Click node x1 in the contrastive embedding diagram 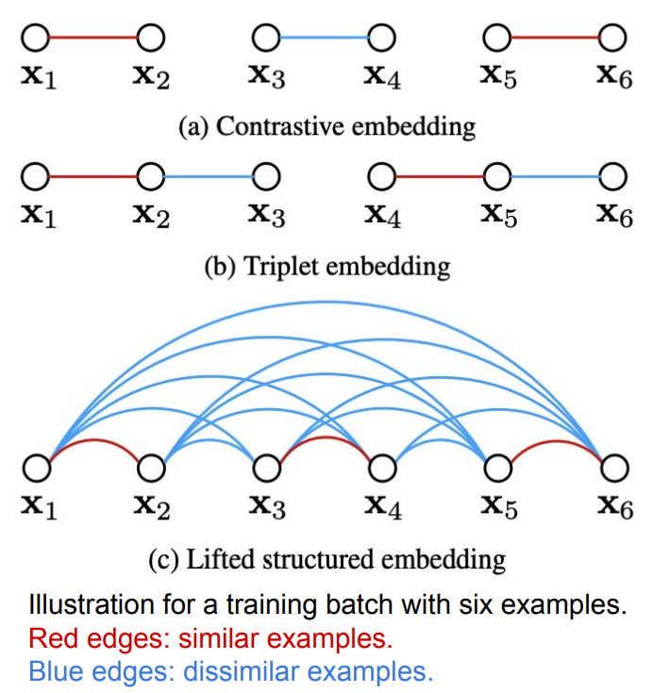tap(35, 37)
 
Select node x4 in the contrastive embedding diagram tap(382, 37)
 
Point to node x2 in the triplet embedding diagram tap(150, 176)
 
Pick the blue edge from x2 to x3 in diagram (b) tap(209, 176)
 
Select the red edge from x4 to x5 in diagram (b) tap(440, 176)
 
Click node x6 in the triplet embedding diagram tap(614, 176)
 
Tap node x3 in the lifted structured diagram tap(266, 467)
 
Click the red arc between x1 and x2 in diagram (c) tap(92, 442)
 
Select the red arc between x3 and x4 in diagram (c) tap(324, 440)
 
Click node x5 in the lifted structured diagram tap(497, 467)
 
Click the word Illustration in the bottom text tap(86, 605)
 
